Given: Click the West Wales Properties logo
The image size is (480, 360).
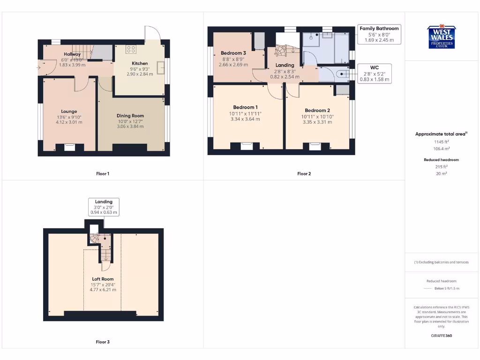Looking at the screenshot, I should pos(441,37).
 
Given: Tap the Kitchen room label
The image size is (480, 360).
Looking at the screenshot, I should pos(140,63).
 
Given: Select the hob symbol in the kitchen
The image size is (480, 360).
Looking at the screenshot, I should pos(131,48).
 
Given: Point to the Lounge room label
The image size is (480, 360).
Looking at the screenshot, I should pos(69,112).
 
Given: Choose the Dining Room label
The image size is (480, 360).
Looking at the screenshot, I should pos(130,116).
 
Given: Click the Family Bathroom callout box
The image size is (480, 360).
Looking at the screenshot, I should pos(379,35).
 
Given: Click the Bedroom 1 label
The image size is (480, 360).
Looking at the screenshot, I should pos(246,107).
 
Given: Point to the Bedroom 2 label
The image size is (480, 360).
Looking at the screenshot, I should pos(317,111).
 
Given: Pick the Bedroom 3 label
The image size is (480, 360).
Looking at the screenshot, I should pos(233,53).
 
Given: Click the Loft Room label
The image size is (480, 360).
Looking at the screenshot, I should pos(103,279).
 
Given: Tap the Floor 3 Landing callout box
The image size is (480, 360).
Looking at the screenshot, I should pos(104,207).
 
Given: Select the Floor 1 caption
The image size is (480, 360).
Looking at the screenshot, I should pos(103,174).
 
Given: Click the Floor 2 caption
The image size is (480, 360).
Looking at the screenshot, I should pos(304,174).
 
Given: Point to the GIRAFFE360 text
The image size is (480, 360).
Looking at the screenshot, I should pos(441,336).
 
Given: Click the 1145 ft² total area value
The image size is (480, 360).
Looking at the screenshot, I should pos(441,142).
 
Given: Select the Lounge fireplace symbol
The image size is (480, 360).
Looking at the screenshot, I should pos(69,147).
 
